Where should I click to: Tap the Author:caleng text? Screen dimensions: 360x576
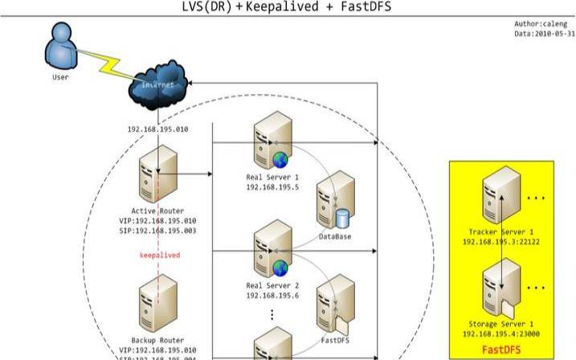(540, 24)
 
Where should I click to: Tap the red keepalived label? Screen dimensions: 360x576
(159, 255)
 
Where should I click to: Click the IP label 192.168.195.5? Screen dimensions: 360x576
(273, 186)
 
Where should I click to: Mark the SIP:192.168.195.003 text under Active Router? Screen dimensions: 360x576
(157, 231)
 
